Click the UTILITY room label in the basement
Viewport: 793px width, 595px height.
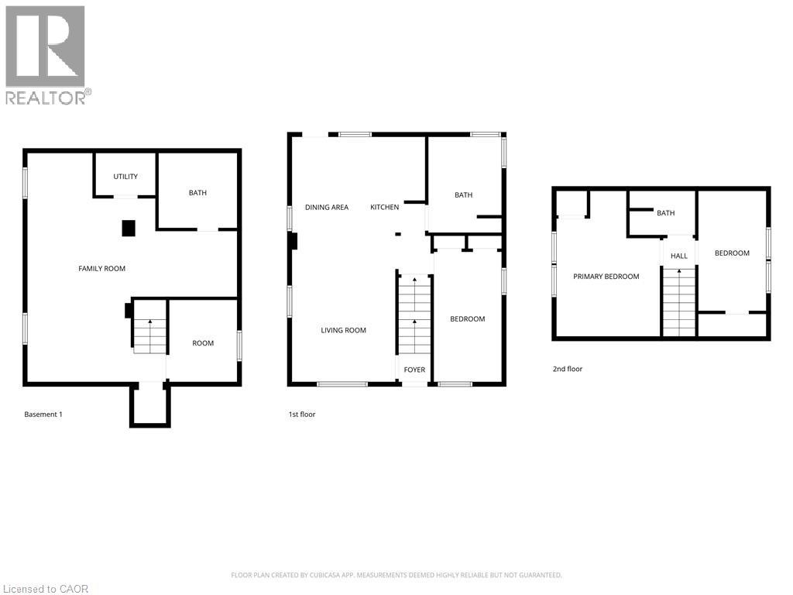coord(125,177)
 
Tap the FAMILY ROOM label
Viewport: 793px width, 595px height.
coord(101,269)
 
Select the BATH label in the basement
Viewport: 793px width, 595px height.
coord(197,193)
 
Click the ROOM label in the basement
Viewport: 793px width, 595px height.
coord(203,343)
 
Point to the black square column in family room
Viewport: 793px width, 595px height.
coord(129,228)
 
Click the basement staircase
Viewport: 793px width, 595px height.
coord(149,336)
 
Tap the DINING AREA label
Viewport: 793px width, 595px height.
coord(326,207)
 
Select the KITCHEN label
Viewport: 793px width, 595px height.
coord(384,207)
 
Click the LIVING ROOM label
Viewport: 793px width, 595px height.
coord(343,330)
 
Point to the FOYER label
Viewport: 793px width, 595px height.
coord(414,370)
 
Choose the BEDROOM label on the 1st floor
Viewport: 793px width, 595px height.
coord(468,319)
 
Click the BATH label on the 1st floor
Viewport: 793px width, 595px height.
coord(463,195)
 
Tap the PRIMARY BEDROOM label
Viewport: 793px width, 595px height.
coord(606,277)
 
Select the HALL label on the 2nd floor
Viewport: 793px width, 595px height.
coord(678,256)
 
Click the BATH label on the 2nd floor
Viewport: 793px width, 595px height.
coord(665,213)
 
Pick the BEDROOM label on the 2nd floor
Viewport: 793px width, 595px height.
coord(732,253)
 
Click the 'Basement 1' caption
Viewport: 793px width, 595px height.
coord(43,414)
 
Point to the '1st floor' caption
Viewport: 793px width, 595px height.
coord(302,414)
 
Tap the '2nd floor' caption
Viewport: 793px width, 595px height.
coord(567,369)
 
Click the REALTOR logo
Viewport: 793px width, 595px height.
coord(47,54)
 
